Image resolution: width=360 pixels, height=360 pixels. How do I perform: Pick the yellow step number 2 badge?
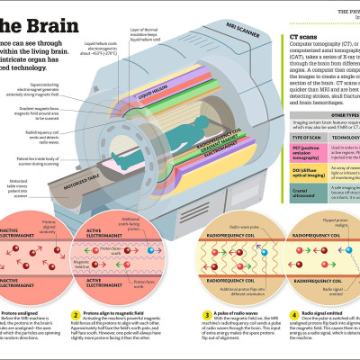[x=76, y=313]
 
